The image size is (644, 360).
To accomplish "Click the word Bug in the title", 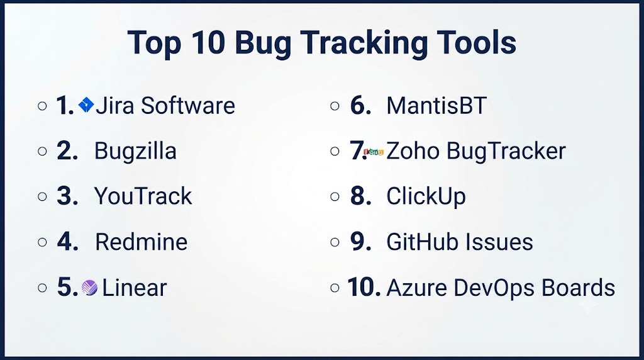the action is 263,43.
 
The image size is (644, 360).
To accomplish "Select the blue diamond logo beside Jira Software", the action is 86,105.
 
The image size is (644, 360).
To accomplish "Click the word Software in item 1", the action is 188,105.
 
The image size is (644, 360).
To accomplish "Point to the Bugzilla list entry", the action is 136,151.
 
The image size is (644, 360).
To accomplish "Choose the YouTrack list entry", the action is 143,196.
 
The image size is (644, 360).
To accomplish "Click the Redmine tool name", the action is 142,242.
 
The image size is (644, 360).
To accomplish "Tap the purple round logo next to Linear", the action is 89,288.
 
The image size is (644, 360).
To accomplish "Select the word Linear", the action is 135,288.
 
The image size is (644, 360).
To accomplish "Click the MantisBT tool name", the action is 436,106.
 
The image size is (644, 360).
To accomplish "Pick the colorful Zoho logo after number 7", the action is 374,152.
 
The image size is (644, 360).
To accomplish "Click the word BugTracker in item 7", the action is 506,151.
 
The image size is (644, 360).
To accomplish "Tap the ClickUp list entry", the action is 426,196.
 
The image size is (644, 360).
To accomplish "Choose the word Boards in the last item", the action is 579,287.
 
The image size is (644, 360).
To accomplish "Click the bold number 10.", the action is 364,287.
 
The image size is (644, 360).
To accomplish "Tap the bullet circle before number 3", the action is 42,197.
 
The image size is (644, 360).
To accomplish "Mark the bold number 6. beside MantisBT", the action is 360,105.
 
